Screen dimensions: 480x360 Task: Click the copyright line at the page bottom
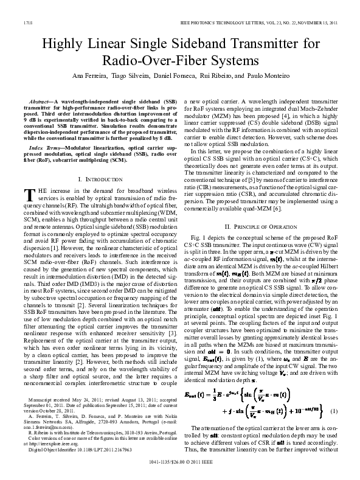179,470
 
